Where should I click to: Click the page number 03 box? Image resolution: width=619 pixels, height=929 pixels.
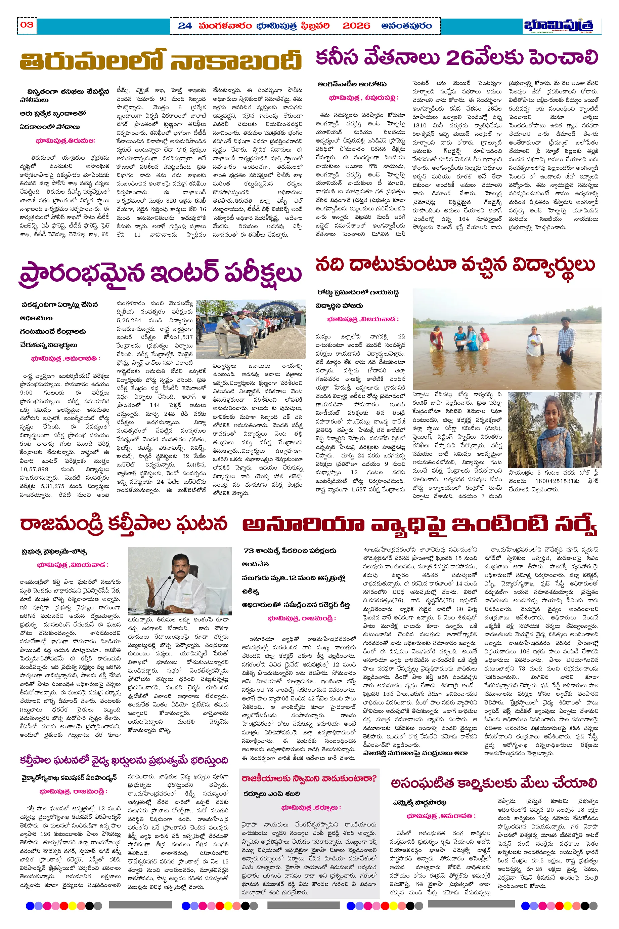click(x=27, y=25)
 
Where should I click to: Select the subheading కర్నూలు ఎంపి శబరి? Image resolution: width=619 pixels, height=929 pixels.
click(x=272, y=794)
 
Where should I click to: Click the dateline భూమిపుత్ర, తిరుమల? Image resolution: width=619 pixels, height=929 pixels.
click(x=65, y=140)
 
